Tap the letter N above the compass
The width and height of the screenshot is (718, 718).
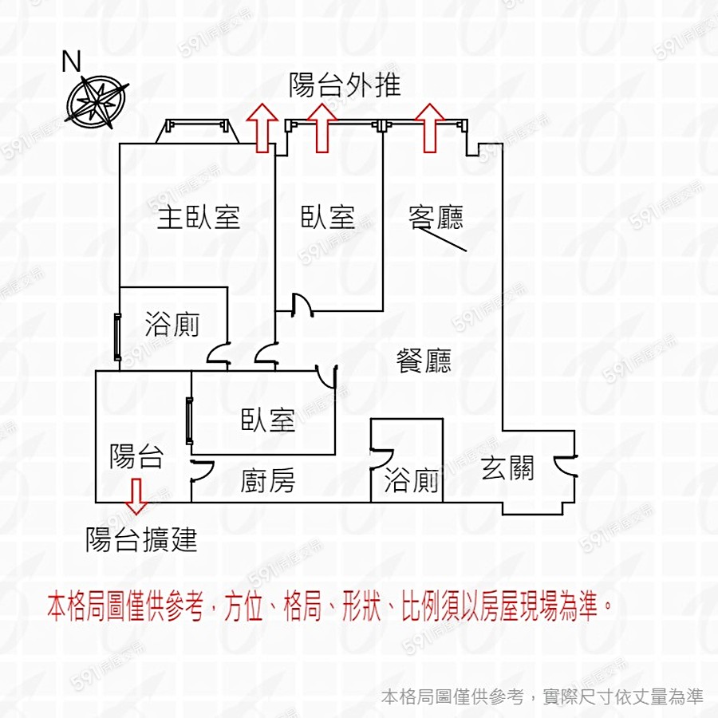tap(73, 61)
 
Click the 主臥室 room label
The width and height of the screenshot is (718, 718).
tap(198, 217)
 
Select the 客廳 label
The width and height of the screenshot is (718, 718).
tap(436, 217)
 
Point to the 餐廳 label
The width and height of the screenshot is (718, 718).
tap(424, 361)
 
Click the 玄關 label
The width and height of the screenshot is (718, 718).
tap(507, 468)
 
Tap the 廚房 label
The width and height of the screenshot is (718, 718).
tap(268, 481)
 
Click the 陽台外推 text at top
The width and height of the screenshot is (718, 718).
tap(345, 85)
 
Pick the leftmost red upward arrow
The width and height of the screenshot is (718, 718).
tap(261, 128)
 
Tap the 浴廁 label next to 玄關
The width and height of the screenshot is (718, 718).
tap(412, 481)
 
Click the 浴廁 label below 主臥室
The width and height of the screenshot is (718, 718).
tap(172, 325)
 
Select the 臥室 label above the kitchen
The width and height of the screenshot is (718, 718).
tap(268, 420)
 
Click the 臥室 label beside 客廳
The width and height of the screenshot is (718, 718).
tap(328, 217)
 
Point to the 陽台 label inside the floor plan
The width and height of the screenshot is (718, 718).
tap(136, 456)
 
